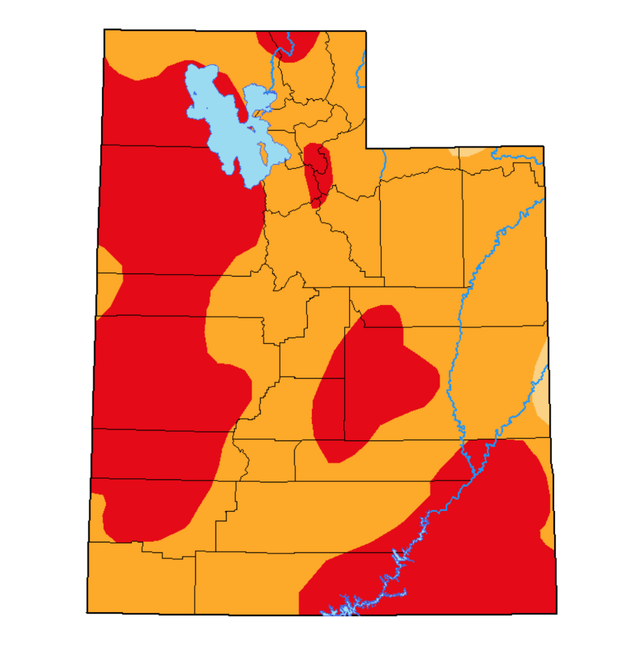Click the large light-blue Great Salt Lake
coord(219,122)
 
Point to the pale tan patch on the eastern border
coord(542,385)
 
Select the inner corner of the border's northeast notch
coord(366,148)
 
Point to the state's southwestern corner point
coord(87,612)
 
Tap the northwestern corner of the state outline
coord(104,30)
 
